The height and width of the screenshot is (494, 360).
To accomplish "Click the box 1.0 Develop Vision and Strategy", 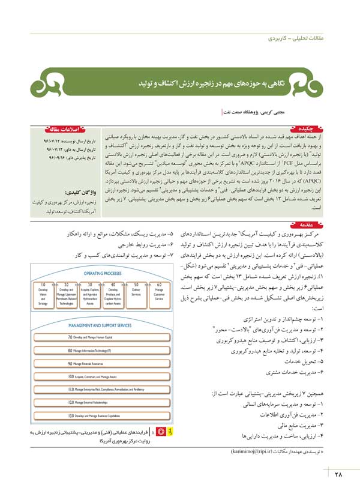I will (43, 295).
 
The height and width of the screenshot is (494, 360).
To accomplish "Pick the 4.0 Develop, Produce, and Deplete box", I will (113, 295).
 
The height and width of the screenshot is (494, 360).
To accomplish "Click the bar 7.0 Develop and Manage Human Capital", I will (101, 338).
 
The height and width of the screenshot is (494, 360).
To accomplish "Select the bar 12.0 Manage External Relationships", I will (101, 402).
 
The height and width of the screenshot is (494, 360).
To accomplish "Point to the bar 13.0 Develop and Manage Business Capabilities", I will (101, 415).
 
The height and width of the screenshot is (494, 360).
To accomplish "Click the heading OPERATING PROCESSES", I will (101, 271).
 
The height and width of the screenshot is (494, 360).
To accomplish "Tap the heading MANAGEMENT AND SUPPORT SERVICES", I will (101, 325).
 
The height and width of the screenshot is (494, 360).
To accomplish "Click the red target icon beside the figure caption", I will (160, 432).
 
